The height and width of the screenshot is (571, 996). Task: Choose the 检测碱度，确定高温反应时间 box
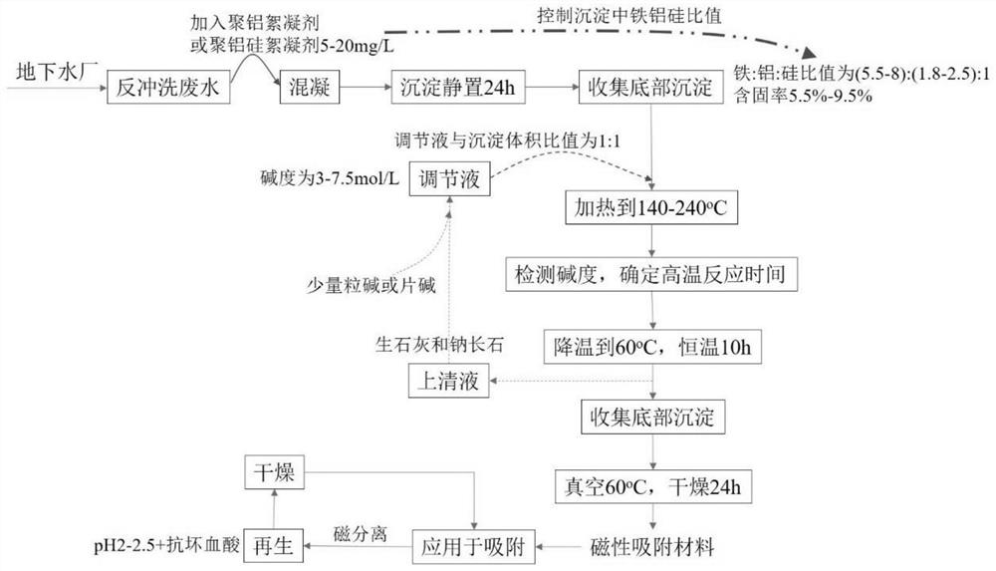click(x=650, y=273)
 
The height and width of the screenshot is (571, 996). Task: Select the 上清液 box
click(x=450, y=380)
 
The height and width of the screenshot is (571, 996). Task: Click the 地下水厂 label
click(x=56, y=72)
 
